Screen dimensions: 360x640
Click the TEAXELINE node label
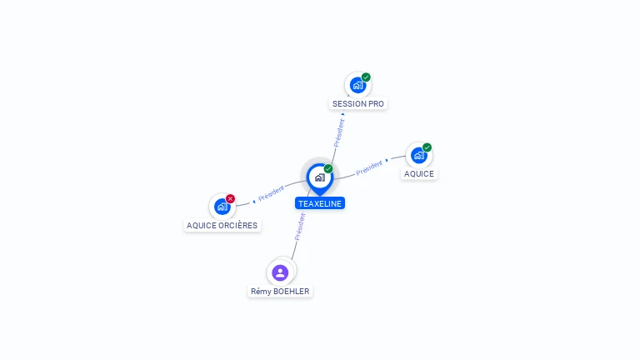coord(320,203)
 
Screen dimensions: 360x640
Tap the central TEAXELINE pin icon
coord(319,177)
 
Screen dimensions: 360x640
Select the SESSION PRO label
coord(359,104)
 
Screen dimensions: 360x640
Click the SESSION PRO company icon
coord(357,85)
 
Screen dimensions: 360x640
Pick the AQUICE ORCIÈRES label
coord(222,225)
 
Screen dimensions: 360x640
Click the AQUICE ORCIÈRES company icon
coord(222,206)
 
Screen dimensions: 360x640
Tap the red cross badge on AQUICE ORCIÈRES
coord(231,198)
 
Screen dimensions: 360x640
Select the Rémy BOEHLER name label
coord(281,292)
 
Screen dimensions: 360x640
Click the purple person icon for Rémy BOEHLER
coord(280,272)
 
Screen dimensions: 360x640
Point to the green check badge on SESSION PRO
coord(366,77)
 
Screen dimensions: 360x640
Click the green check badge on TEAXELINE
coord(328,169)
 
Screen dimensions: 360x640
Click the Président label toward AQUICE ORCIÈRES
coord(272,194)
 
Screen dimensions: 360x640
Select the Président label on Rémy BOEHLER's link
coord(300,226)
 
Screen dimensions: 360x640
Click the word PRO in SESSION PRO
coord(377,104)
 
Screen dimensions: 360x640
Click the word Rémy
coord(261,292)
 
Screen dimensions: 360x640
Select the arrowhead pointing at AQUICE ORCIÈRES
coord(253,201)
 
